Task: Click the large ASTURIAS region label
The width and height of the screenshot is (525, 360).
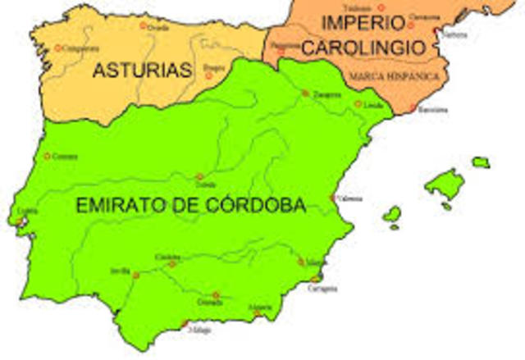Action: coord(142,71)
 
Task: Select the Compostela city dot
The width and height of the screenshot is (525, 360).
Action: coord(57,48)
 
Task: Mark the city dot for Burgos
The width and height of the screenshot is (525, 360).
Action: coord(208,75)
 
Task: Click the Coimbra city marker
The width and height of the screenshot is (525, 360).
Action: coord(48,156)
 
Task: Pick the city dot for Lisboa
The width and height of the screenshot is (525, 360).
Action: coord(21,220)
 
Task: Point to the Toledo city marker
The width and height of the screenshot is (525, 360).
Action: coord(199,176)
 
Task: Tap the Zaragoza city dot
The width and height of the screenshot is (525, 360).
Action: coord(305,93)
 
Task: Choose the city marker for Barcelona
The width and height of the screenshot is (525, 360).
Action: coord(413,107)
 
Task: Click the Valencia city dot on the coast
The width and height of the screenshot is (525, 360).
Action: coord(332,198)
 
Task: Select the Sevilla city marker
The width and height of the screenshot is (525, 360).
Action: coord(136,276)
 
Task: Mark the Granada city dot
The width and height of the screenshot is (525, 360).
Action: coord(216,295)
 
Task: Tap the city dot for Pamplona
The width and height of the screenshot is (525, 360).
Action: coord(281,50)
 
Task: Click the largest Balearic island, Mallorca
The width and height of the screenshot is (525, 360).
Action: coord(445,185)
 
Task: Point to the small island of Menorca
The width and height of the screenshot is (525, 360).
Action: coord(481,162)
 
